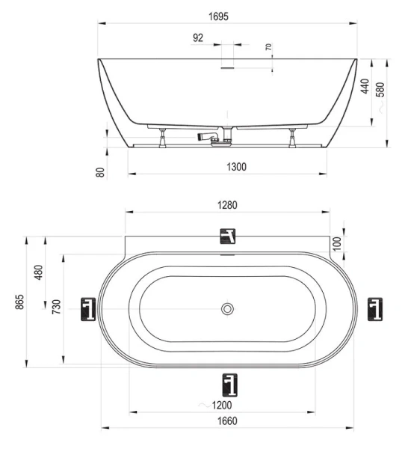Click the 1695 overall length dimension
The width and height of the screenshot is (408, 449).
coord(218,16)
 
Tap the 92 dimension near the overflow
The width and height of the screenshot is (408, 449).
coord(198,37)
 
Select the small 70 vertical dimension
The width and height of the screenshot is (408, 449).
coord(268,47)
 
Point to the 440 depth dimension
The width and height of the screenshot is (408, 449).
coord(365,86)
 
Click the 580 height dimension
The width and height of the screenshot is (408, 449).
coord(381,90)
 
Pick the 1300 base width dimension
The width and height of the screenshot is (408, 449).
coord(236,167)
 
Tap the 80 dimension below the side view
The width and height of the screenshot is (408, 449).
coord(100,172)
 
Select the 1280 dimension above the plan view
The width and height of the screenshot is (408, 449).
coord(227,205)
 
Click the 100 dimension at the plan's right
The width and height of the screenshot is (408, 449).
coord(337,244)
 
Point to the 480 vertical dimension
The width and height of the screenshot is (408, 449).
coord(39,272)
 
